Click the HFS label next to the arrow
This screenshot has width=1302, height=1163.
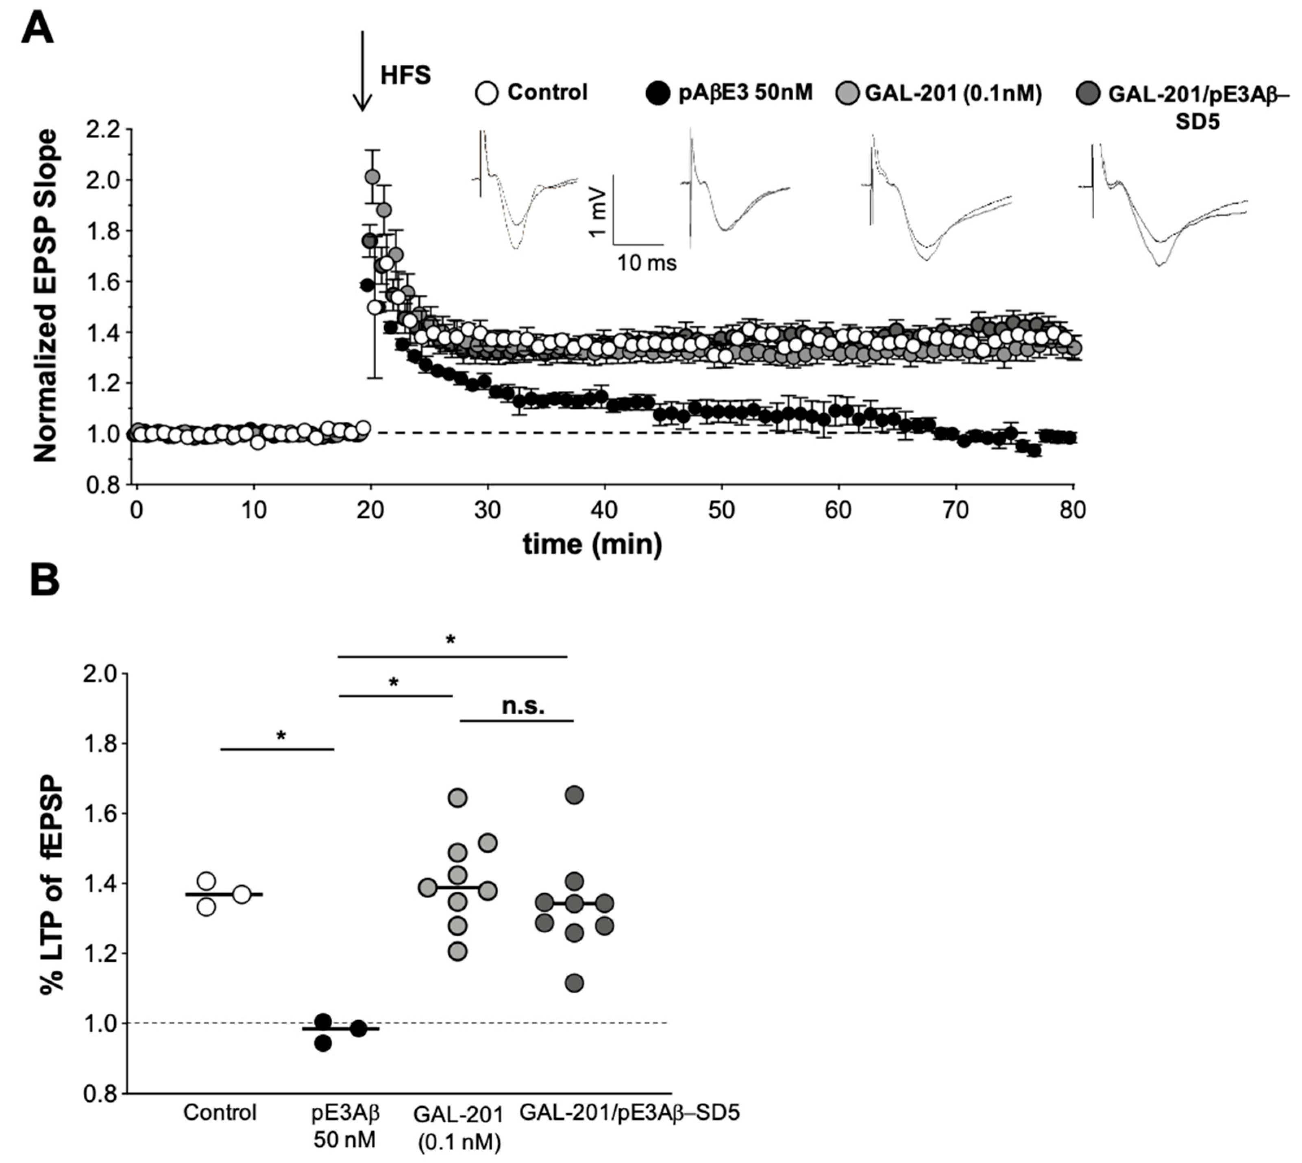point(405,75)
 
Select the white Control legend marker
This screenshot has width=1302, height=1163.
point(487,93)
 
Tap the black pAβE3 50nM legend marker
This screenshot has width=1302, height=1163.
point(658,93)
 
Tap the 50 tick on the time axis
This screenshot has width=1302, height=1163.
point(721,510)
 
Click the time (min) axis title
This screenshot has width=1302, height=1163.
point(592,544)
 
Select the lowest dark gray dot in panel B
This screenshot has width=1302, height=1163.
point(574,983)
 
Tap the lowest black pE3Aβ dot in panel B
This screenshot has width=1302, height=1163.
point(323,1043)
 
